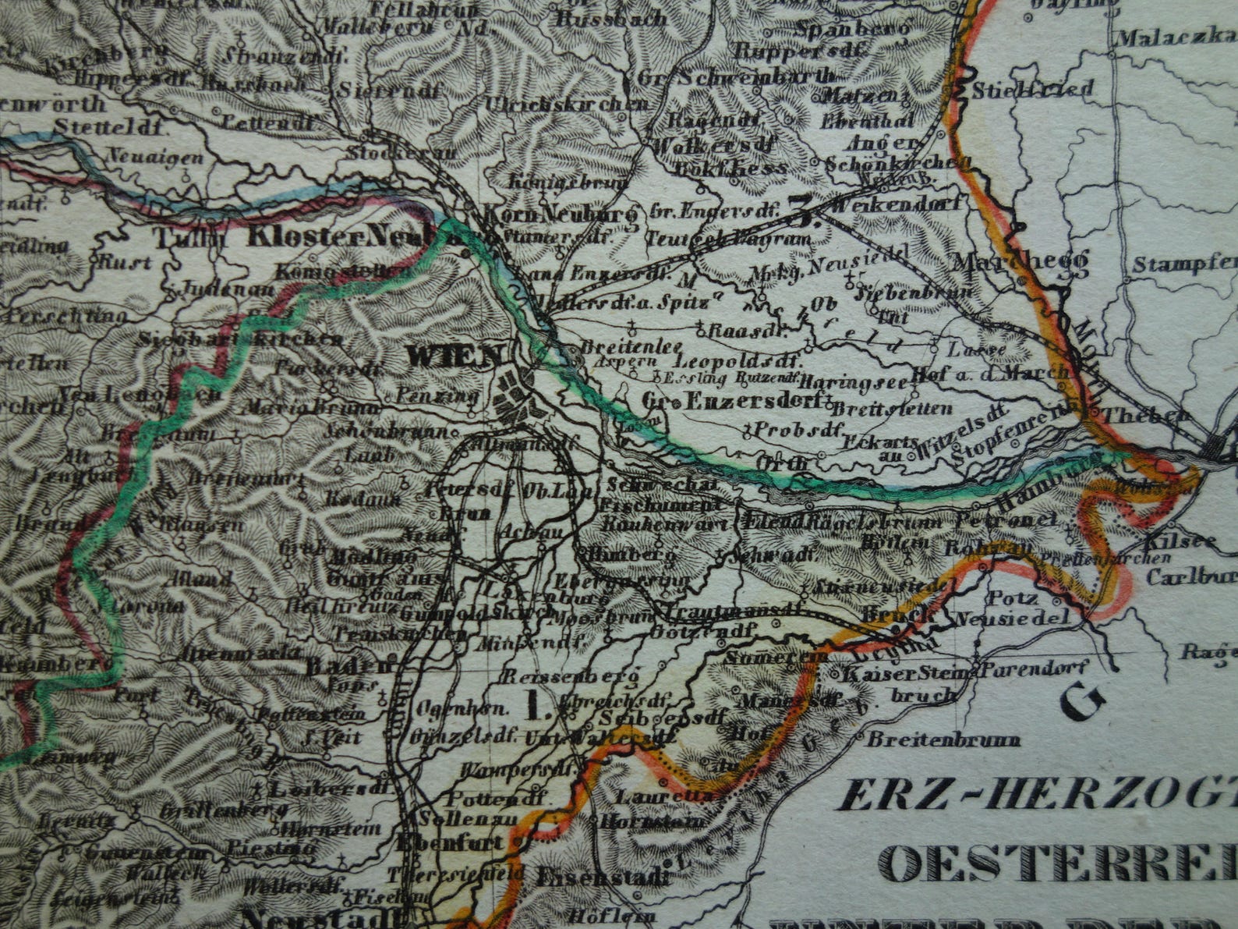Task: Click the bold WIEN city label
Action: [x=456, y=357]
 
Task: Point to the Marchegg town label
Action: [x=1020, y=263]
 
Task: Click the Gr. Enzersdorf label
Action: [x=733, y=401]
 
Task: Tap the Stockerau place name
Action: [x=401, y=153]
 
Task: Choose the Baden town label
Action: [x=348, y=666]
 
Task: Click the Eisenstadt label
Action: [x=603, y=875]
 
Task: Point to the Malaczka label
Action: [x=1177, y=37]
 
